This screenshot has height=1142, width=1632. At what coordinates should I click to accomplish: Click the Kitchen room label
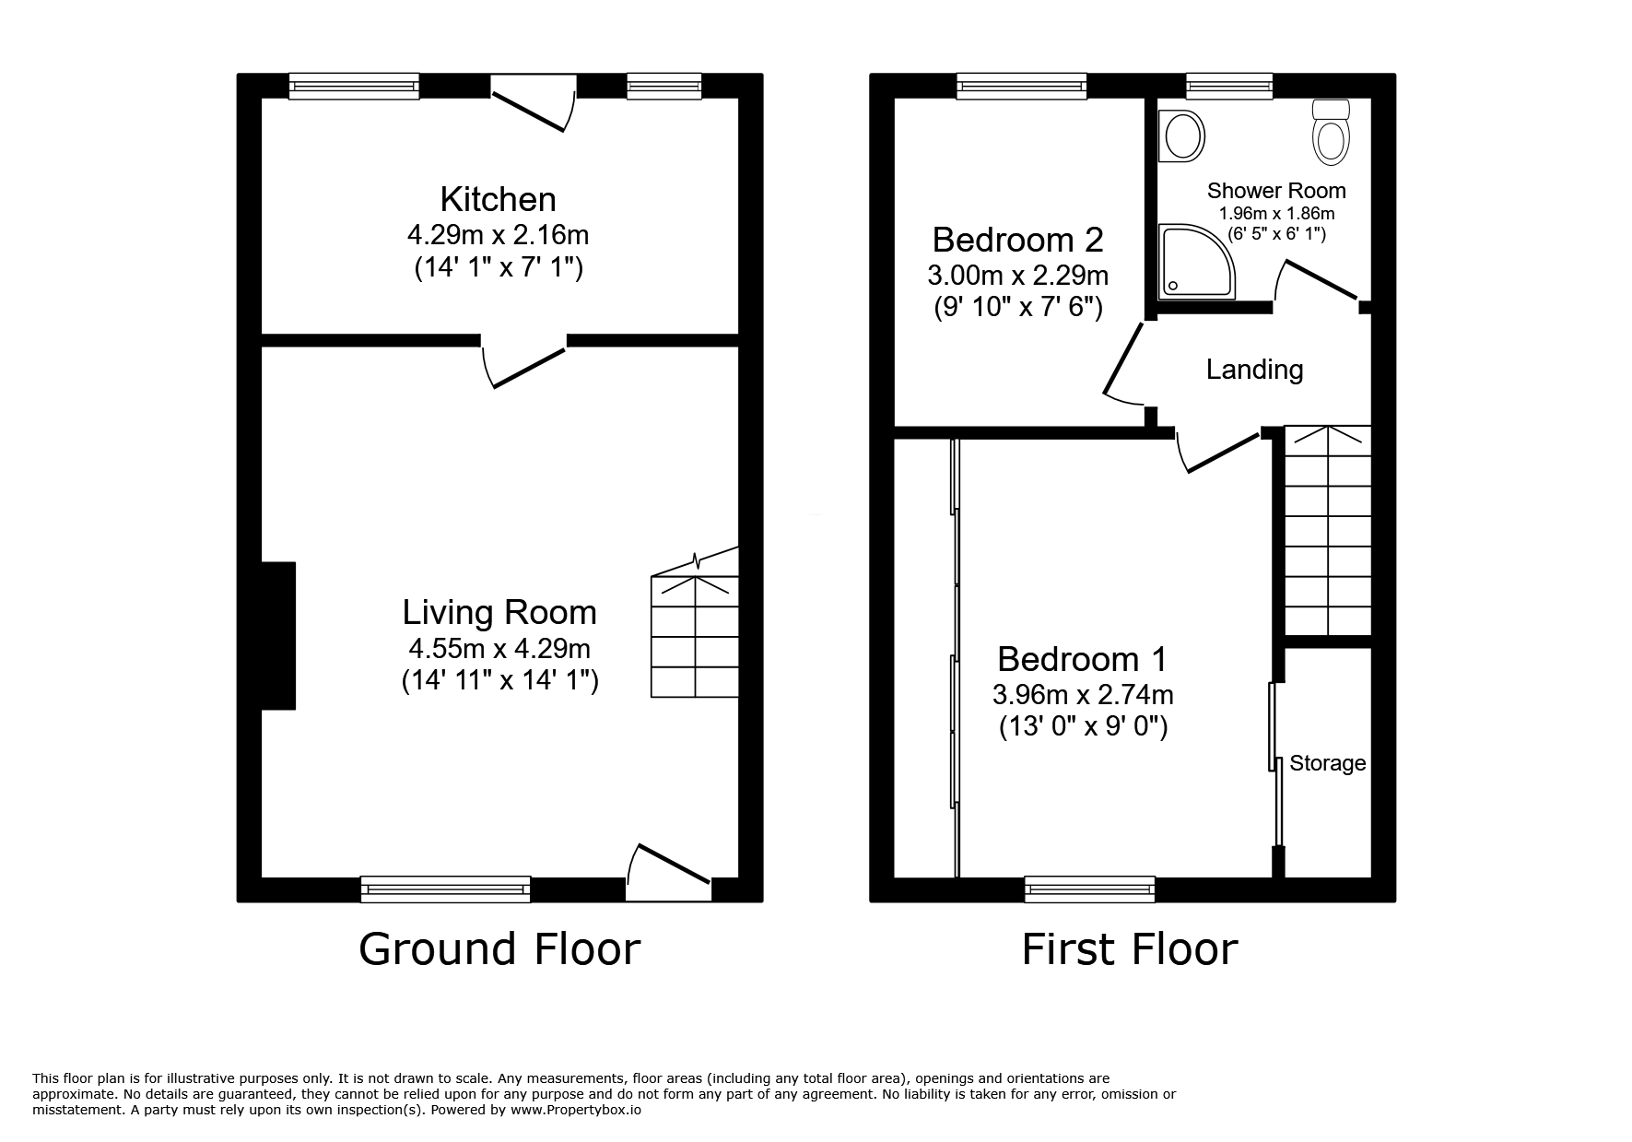tap(498, 199)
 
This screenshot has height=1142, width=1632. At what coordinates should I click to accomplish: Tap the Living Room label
tap(499, 612)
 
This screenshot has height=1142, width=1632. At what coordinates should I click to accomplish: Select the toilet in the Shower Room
tap(1331, 135)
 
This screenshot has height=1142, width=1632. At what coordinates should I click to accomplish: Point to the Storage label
tap(1327, 763)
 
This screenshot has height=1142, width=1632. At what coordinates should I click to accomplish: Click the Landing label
tap(1254, 370)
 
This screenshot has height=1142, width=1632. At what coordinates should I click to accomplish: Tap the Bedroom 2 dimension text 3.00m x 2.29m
tap(1017, 275)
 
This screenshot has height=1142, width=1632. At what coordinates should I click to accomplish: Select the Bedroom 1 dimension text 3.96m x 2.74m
tap(1083, 694)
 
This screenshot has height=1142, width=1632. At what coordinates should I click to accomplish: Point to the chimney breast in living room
tap(278, 635)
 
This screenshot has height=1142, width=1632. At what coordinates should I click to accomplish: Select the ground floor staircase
tap(695, 636)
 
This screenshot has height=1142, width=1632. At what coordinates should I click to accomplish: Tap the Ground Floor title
tap(499, 948)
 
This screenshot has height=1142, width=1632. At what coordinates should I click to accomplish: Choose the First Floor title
tap(1130, 948)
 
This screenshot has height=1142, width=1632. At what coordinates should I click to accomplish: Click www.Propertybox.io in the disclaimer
tap(575, 1111)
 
